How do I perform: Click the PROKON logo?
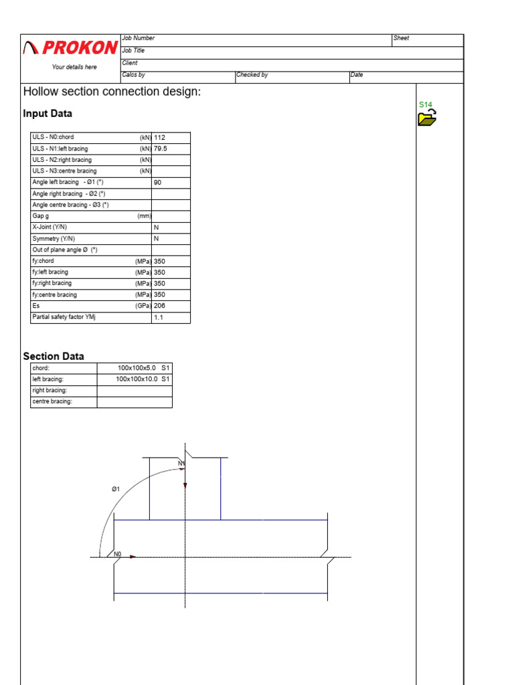70,47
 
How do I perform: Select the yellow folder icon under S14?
427,119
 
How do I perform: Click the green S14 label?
426,105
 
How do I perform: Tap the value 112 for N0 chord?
159,138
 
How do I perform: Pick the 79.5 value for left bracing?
161,149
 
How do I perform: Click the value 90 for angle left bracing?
158,183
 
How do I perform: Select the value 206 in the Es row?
159,306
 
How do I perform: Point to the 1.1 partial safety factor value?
158,318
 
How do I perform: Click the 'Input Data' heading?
48,114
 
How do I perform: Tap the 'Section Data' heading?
54,357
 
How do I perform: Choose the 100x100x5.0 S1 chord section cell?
144,368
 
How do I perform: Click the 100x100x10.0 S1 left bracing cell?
143,379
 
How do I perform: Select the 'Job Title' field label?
133,51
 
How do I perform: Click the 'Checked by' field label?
252,76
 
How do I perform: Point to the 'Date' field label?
357,76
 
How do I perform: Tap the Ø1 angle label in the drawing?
116,490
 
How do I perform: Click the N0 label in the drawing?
118,554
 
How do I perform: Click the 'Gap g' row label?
41,216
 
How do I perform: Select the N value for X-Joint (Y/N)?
157,227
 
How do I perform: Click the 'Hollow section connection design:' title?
112,92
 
